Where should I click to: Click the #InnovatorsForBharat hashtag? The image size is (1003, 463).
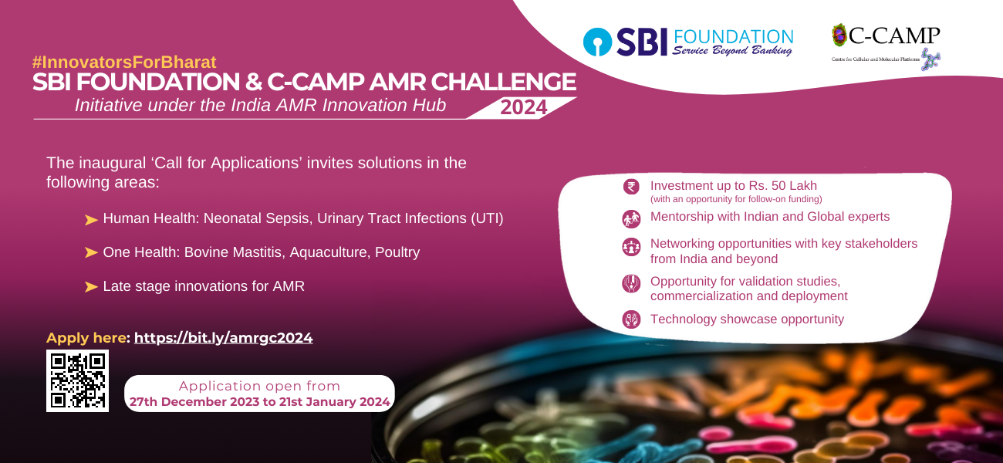click(x=124, y=63)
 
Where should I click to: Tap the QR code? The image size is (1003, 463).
click(x=77, y=380)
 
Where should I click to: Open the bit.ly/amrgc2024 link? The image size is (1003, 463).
click(x=224, y=338)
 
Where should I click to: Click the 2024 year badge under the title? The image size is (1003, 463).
click(x=523, y=107)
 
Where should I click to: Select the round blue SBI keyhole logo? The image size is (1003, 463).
click(x=597, y=42)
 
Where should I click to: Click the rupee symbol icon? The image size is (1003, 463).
click(x=631, y=186)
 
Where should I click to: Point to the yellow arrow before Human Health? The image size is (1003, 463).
click(x=91, y=219)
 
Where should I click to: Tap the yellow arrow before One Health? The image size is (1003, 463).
click(x=91, y=252)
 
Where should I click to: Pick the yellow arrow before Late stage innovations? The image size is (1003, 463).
click(x=91, y=286)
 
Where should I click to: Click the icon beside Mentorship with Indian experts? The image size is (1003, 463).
click(x=631, y=219)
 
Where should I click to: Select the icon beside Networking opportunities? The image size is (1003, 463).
click(x=631, y=247)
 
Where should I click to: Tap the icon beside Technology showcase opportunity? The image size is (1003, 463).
click(x=631, y=319)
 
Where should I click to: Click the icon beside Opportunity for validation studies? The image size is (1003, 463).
click(x=631, y=283)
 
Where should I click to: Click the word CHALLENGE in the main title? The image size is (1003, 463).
click(x=504, y=82)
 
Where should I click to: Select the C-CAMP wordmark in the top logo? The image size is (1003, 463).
click(x=894, y=35)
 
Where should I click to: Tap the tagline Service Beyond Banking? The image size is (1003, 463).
click(x=732, y=50)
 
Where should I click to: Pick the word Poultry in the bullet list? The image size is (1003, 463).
click(x=397, y=252)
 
